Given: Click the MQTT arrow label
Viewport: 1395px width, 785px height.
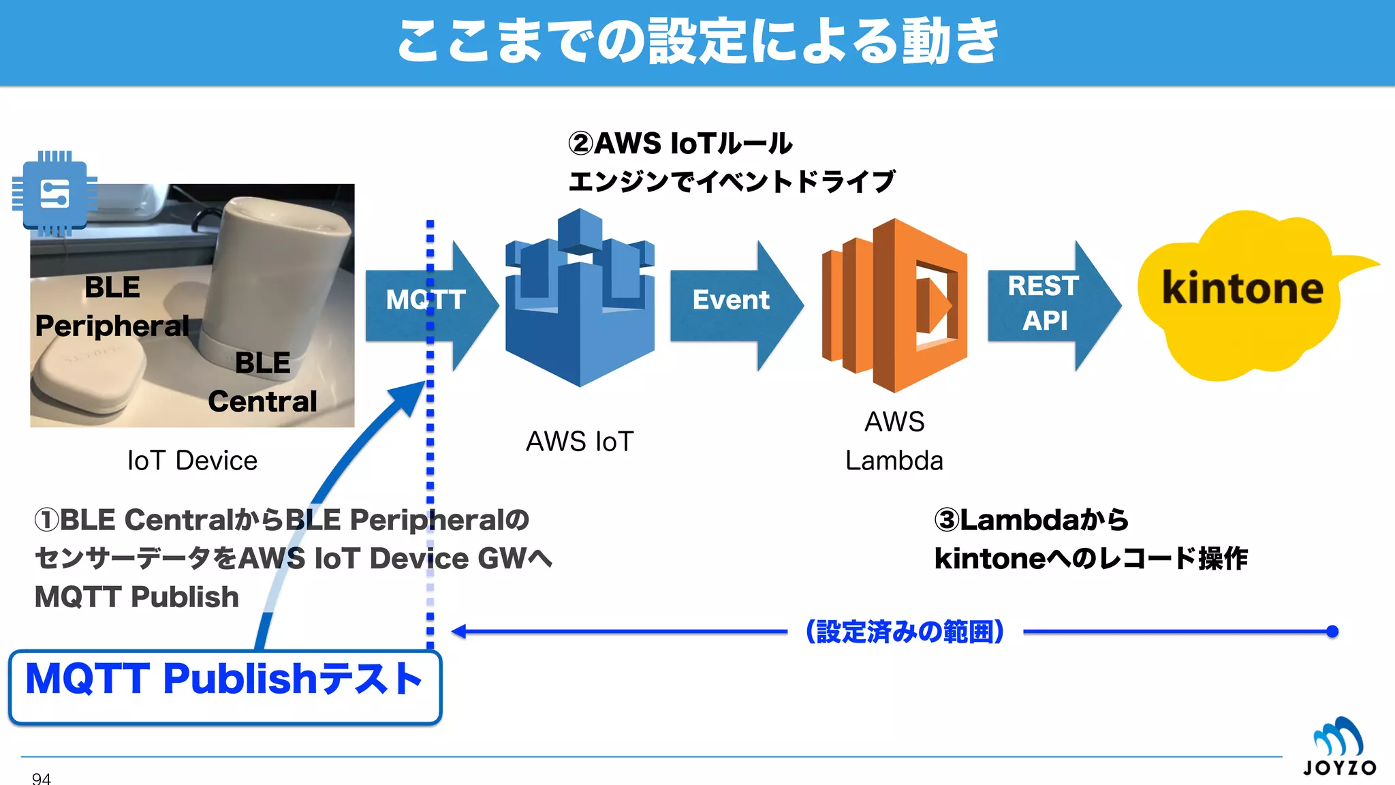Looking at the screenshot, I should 426,300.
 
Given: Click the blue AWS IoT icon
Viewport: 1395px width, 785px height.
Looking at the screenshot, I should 580,300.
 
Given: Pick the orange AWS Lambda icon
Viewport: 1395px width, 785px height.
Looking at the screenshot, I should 894,305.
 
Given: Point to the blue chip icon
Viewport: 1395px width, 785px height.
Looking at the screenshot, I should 54,194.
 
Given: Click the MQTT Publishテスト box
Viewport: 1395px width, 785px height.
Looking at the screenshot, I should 225,687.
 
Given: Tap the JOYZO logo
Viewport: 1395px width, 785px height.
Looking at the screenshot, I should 1338,747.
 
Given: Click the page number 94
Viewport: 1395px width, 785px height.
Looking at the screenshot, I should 41,778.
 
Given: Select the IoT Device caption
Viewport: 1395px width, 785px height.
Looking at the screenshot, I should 192,461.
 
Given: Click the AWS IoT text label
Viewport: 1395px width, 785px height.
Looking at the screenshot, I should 580,442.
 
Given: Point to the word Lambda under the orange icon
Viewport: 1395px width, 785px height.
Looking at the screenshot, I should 894,461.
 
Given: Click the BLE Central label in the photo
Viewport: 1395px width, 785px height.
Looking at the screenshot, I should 262,382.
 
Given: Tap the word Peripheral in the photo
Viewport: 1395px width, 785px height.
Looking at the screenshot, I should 112,326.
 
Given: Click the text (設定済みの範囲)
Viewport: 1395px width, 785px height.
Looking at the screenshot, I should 905,632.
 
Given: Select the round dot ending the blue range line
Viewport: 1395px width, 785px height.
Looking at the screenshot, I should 1332,632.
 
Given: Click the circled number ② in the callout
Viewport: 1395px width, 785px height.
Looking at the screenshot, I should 580,144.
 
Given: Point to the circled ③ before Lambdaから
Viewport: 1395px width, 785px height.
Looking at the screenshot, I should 946,520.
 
